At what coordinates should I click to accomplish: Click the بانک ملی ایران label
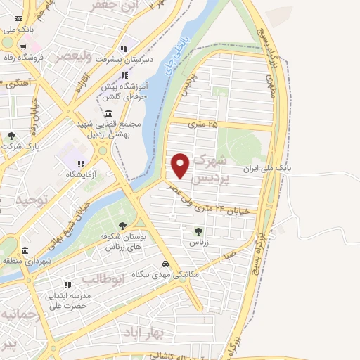266,169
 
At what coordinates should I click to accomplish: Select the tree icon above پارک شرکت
11,136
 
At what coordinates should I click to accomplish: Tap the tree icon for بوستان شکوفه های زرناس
123,226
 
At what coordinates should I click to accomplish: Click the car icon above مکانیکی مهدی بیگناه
165,264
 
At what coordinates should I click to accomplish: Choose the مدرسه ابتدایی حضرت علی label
67,301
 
